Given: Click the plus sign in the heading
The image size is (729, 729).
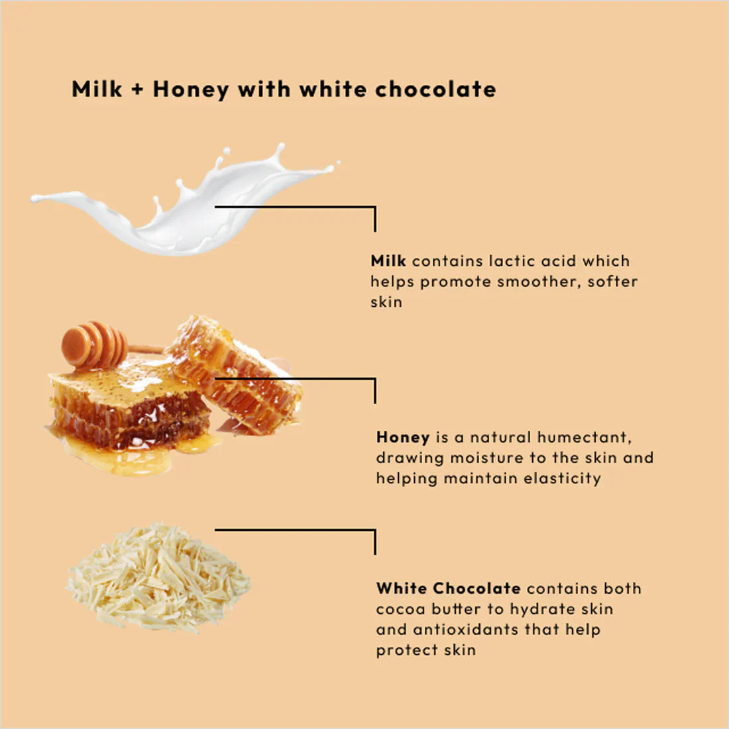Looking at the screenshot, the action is coord(137,89).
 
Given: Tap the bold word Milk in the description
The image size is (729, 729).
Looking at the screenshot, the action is coord(388,261).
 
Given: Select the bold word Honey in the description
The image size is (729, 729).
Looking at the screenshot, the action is coord(403,437).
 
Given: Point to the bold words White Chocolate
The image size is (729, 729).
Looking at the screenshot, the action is coord(448,588).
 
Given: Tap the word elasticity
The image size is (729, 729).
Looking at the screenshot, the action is coord(563,478).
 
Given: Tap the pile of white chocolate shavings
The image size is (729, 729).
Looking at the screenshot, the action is coord(158,578).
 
